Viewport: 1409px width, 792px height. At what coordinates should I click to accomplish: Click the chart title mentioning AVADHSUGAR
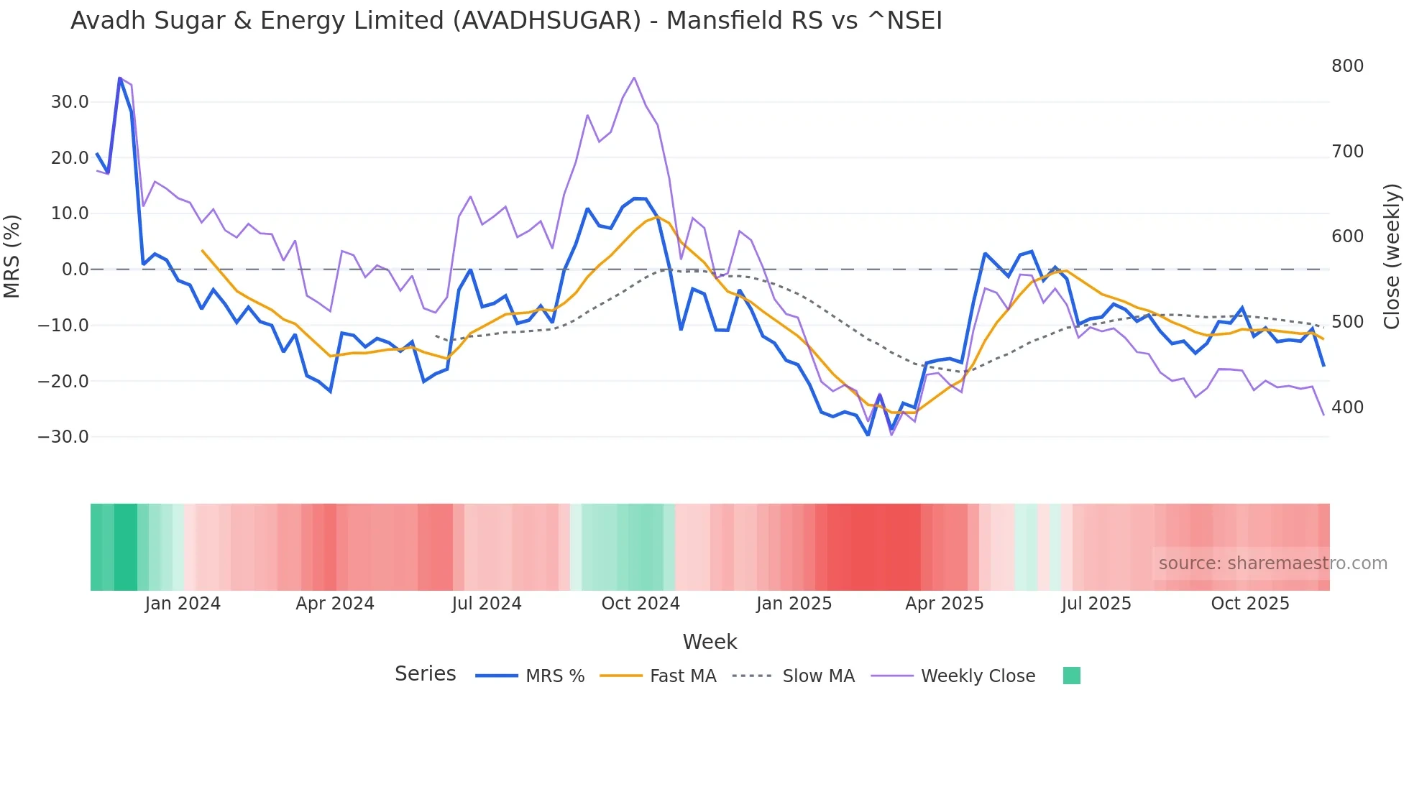[x=506, y=21]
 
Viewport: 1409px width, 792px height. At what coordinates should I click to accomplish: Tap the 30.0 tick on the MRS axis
[x=70, y=102]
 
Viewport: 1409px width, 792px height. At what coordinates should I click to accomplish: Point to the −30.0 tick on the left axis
[x=63, y=437]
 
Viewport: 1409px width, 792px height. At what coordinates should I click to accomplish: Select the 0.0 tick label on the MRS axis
[x=75, y=270]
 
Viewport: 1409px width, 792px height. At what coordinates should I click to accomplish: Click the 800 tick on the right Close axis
[x=1347, y=66]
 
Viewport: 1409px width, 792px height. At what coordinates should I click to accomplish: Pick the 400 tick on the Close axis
[x=1347, y=407]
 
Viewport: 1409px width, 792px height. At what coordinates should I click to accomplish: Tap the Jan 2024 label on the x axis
[x=183, y=604]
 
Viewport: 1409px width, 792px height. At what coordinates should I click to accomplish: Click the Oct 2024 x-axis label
[x=641, y=604]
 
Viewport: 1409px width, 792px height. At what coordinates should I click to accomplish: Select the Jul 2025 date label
[x=1096, y=604]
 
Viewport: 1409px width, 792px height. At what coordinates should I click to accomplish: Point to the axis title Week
[x=710, y=642]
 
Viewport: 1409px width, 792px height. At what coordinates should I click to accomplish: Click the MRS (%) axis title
[x=12, y=256]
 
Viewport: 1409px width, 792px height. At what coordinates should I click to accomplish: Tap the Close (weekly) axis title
[x=1392, y=257]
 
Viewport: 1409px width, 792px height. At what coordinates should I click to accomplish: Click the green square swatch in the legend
[x=1071, y=676]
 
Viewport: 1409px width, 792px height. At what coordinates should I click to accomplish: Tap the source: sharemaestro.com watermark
[x=1272, y=563]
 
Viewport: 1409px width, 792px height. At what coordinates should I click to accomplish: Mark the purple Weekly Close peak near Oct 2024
[x=634, y=78]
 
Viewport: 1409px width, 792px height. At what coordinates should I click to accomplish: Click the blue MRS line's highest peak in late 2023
[x=119, y=78]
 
